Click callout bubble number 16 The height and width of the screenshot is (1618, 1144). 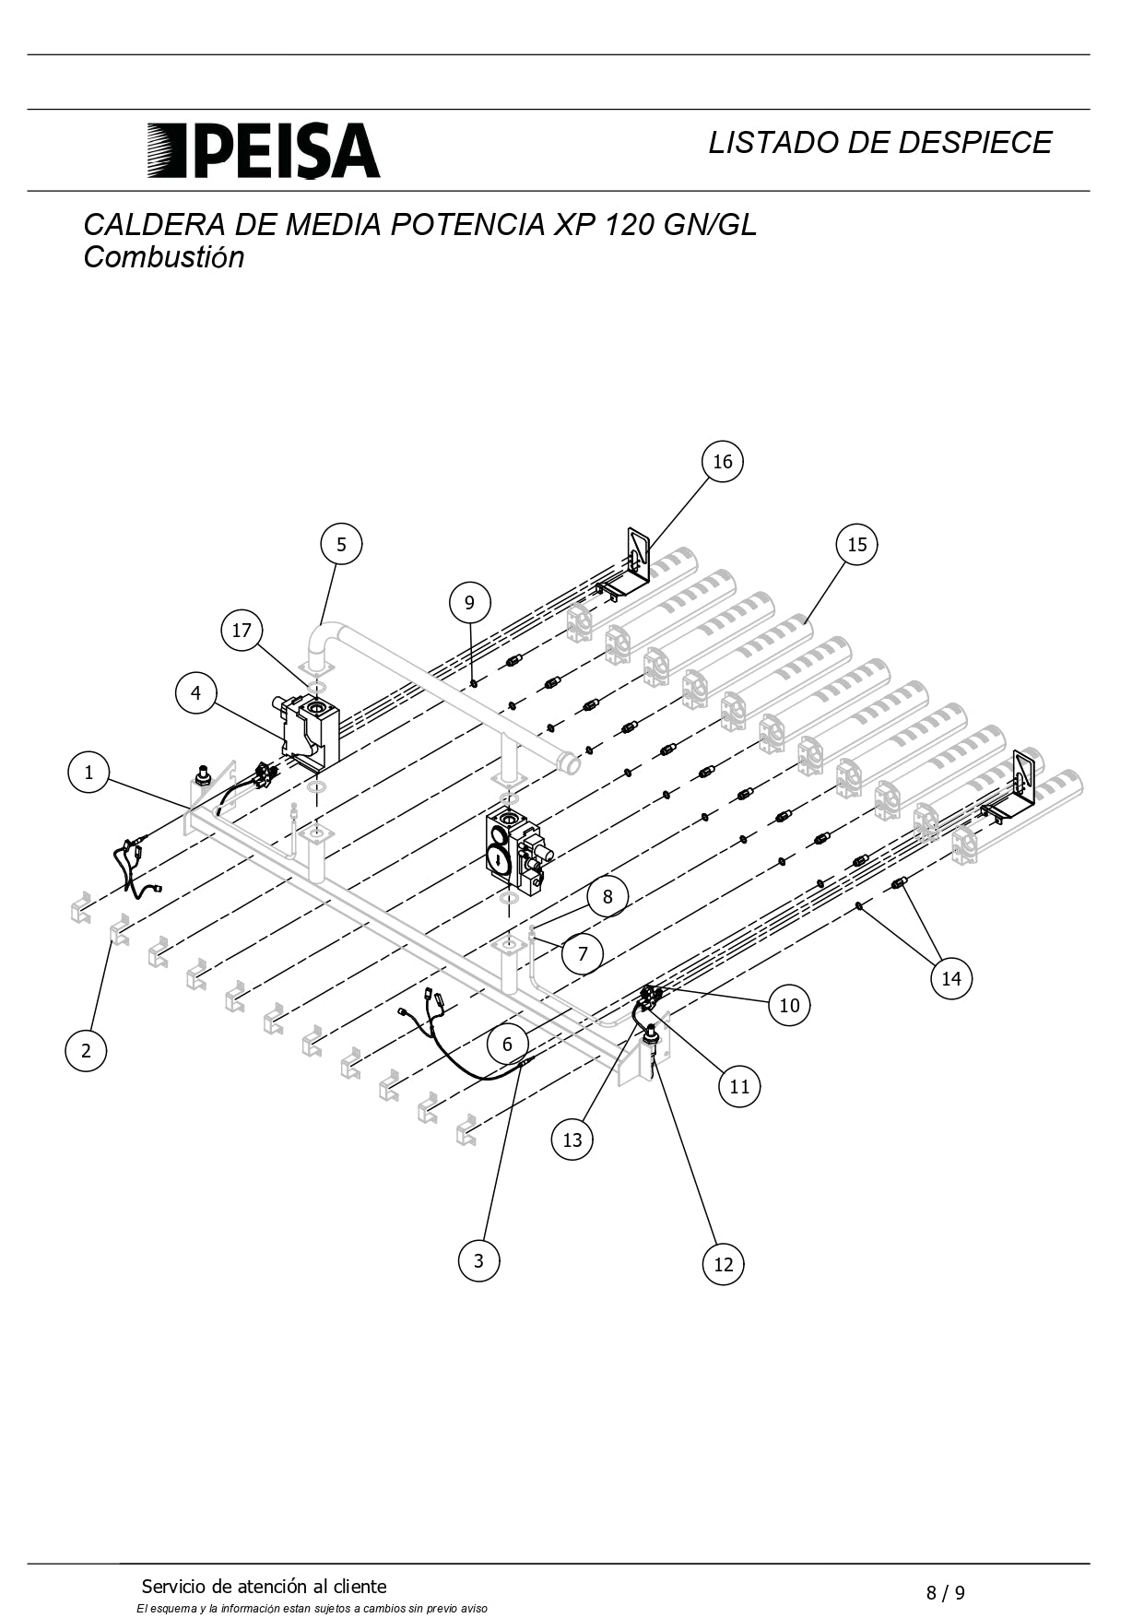click(722, 461)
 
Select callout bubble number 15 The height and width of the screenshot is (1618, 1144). click(856, 544)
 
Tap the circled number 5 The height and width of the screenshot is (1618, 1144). click(341, 544)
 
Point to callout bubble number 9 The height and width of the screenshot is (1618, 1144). click(469, 602)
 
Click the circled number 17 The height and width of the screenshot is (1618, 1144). click(242, 631)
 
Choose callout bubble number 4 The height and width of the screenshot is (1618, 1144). click(195, 692)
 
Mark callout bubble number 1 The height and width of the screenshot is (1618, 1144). click(88, 772)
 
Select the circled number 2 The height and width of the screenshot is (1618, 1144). click(86, 1050)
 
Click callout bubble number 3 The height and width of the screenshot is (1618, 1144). click(478, 1260)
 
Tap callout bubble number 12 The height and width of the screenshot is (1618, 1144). click(723, 1264)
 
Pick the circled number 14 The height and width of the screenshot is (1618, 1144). click(951, 978)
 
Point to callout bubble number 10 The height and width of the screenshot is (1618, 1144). click(789, 1005)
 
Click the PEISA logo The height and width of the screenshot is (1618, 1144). click(264, 150)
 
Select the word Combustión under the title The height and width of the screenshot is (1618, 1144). click(164, 257)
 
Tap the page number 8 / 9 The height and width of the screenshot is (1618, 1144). click(946, 1592)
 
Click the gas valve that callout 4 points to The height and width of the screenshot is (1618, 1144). click(309, 733)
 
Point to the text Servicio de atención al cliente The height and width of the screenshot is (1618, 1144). click(264, 1586)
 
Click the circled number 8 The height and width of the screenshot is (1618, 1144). click(607, 896)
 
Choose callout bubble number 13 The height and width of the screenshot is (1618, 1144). click(572, 1140)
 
